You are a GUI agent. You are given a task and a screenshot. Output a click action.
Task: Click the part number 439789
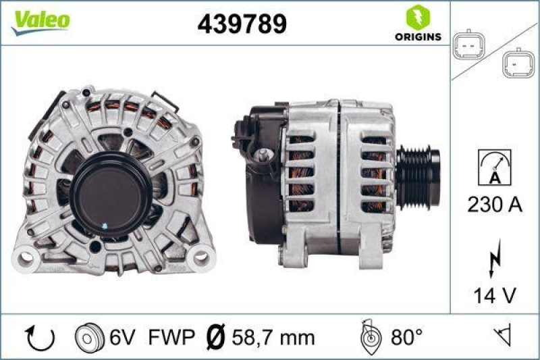(x=242, y=24)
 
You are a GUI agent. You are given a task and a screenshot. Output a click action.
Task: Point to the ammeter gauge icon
(x=494, y=168)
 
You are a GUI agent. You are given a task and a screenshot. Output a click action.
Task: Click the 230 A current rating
(x=495, y=205)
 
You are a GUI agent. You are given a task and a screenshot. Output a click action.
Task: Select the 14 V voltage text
(x=495, y=294)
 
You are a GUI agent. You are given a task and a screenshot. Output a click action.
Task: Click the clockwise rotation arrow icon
(x=33, y=336)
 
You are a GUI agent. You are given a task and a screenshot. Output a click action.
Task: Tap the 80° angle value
(x=408, y=336)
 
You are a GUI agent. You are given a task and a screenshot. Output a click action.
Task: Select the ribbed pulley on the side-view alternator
(x=418, y=177)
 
